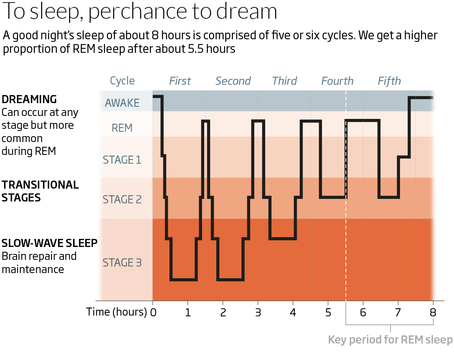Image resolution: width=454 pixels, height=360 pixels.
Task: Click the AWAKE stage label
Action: tap(122, 103)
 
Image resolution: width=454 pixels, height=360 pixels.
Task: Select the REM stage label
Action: tap(122, 128)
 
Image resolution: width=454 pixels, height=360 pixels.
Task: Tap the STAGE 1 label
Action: tap(122, 160)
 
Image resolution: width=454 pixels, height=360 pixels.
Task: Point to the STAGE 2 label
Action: tap(122, 200)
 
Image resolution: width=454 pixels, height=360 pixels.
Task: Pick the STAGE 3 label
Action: tap(122, 263)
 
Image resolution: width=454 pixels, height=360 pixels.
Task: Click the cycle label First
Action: tap(180, 81)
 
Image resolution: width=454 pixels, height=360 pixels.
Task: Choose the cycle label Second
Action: tap(233, 81)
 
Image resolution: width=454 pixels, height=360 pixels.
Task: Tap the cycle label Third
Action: tap(284, 81)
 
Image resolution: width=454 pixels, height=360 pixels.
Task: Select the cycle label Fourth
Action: tap(337, 81)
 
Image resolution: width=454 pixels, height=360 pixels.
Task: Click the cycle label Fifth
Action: tap(389, 81)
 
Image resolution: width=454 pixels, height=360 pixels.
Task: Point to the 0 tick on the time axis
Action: tap(153, 313)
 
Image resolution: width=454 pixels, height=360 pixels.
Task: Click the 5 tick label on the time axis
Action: tap(328, 313)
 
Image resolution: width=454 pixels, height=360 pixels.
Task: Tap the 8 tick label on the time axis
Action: tap(433, 313)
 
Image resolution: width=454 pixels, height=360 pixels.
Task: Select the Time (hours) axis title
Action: tap(116, 312)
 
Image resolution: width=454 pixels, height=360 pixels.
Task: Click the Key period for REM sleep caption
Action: tap(390, 339)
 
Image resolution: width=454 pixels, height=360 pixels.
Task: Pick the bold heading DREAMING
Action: tap(29, 99)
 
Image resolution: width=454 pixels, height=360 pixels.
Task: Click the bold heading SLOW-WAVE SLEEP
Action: tap(49, 243)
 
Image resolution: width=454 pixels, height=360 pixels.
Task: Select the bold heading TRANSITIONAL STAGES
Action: tap(40, 191)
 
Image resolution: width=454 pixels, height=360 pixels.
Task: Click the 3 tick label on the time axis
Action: tap(258, 313)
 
